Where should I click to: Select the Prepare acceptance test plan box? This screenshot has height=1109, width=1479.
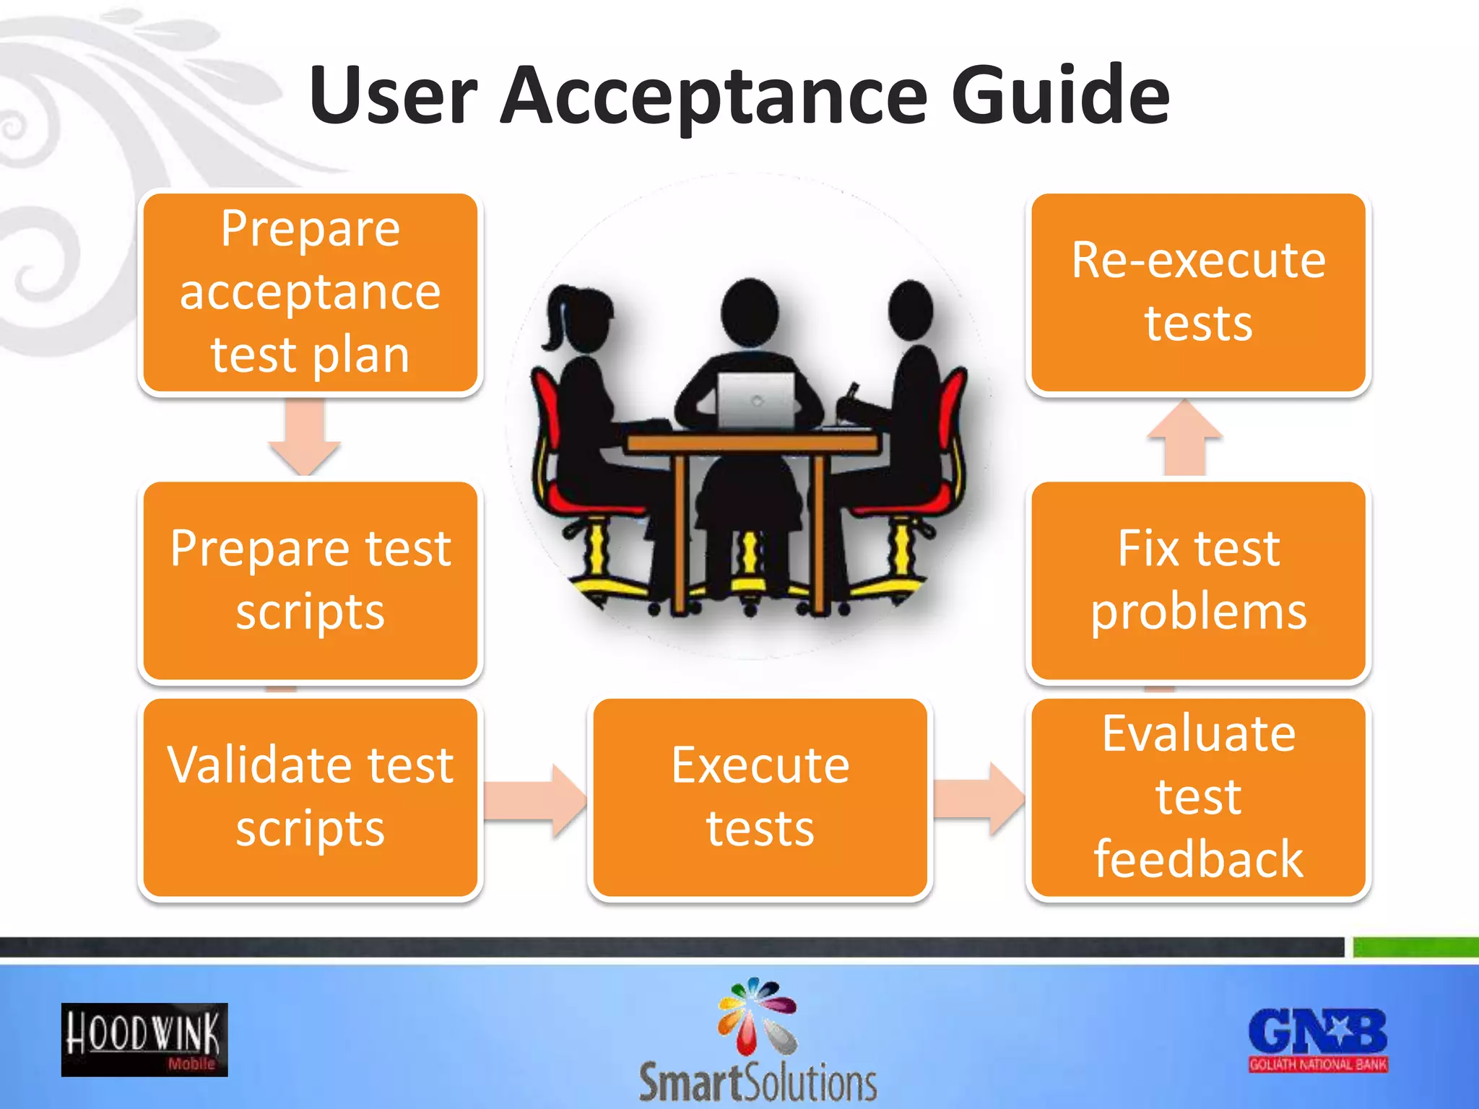point(311,292)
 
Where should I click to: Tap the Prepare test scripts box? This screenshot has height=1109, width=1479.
point(311,580)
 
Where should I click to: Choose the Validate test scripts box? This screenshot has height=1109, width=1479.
point(311,797)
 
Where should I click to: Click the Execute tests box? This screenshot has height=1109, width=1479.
point(760,797)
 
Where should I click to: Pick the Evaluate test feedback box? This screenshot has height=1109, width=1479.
point(1198,797)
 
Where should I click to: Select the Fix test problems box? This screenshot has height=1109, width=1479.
point(1198,580)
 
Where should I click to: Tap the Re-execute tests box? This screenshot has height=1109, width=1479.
point(1198,292)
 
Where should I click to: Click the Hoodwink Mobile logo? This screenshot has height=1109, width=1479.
point(144,1040)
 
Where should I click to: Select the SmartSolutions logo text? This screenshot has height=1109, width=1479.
point(758,1082)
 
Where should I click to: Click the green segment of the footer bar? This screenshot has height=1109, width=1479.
point(1415,947)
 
